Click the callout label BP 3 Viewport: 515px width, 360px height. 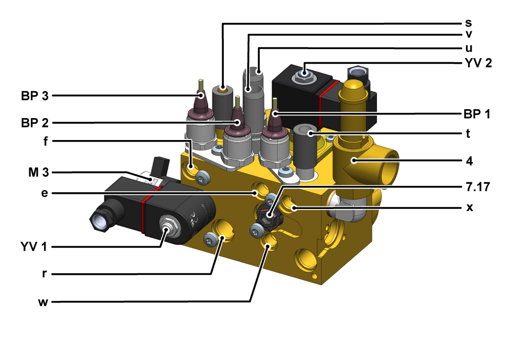tap(35, 96)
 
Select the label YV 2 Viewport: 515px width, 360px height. tap(478, 63)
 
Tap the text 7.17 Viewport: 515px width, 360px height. tap(478, 187)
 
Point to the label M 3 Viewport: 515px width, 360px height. tap(38, 172)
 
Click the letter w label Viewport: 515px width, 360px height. tap(43, 302)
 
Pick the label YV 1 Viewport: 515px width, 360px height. tap(33, 247)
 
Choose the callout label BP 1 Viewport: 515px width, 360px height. tap(477, 114)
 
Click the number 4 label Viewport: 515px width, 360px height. tap(470, 161)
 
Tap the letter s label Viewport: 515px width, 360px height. tap(468, 23)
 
